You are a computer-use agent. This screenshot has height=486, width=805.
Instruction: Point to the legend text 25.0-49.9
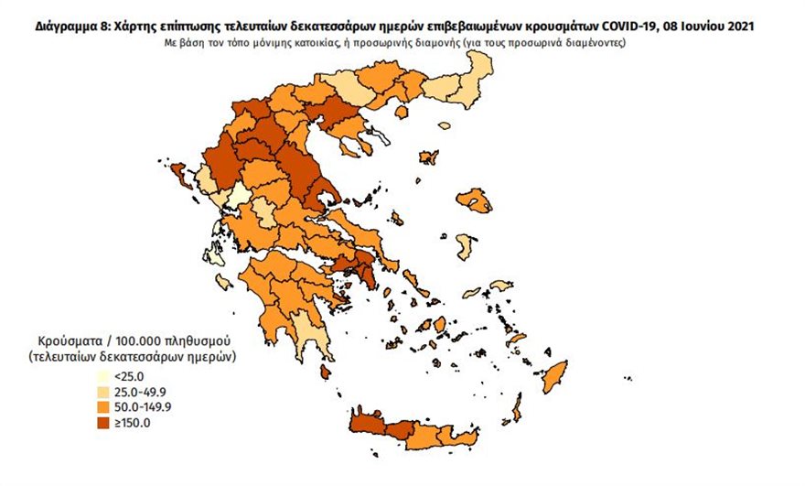[136, 392]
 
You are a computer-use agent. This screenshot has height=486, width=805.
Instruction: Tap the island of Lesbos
[474, 199]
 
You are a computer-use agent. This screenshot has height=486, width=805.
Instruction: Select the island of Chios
[465, 246]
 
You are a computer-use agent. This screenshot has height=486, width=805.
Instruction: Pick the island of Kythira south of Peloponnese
[324, 372]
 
